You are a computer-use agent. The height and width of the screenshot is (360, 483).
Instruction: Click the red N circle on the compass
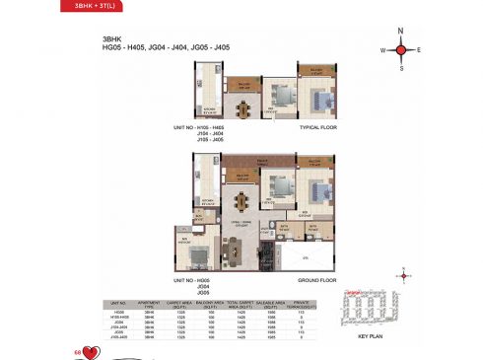pos(401,31)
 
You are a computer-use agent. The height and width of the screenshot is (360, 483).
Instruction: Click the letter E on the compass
pos(419,48)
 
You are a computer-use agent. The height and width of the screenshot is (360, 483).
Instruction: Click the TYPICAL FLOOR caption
pos(319,128)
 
